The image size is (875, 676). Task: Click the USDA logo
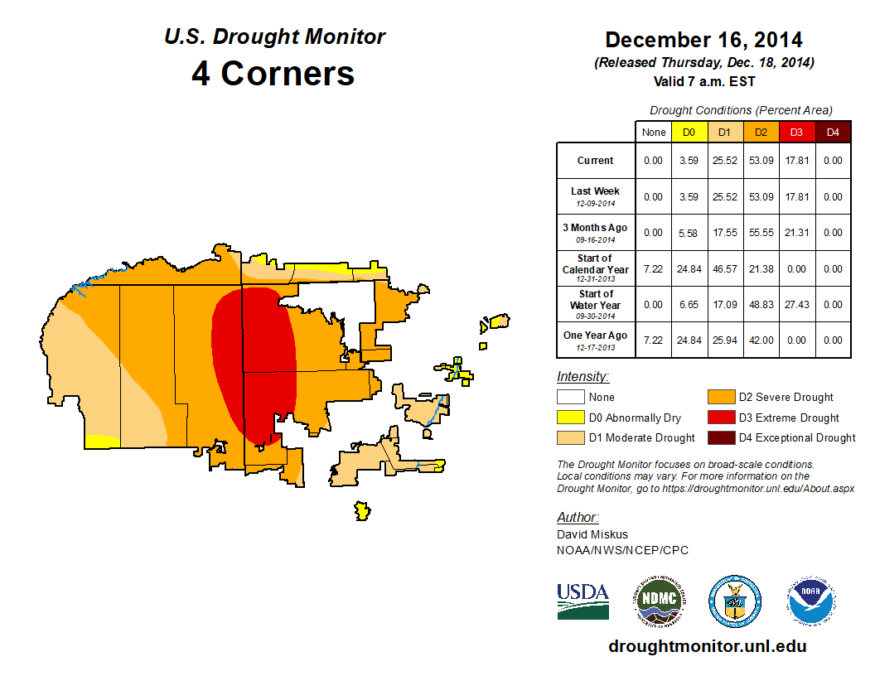click(583, 601)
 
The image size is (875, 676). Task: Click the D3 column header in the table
click(796, 132)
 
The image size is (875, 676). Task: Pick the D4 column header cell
click(833, 132)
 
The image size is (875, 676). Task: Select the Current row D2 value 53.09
click(761, 161)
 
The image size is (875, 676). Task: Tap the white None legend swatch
click(571, 398)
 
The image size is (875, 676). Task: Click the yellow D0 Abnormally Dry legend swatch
click(571, 418)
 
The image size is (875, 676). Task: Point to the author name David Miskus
click(591, 535)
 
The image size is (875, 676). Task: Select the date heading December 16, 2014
click(703, 40)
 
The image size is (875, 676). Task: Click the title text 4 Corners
click(273, 74)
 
